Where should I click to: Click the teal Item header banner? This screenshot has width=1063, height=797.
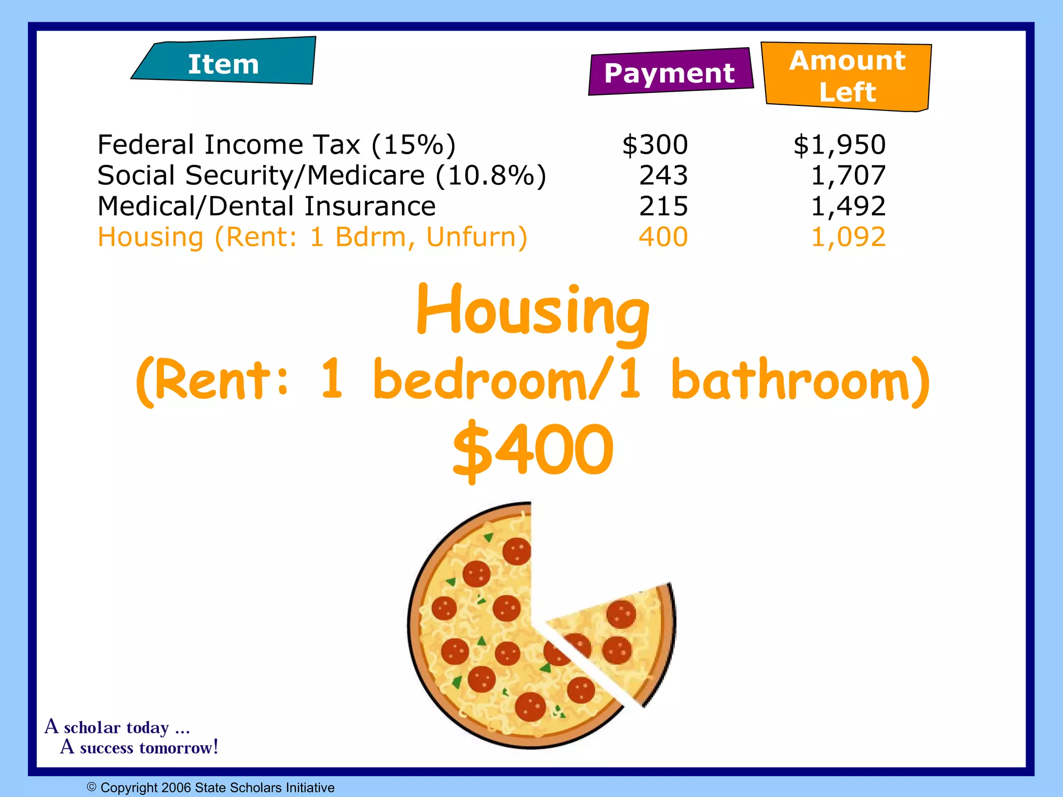224,62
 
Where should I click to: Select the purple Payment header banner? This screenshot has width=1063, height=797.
670,73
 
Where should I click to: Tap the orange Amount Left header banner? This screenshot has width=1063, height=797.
847,76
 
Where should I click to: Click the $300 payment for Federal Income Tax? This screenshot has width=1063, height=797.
655,145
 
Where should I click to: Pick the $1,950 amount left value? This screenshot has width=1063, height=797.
839,145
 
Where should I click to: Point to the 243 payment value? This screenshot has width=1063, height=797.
663,175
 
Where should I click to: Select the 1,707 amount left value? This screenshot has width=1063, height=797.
848,175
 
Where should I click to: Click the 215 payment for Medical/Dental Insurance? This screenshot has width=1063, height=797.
663,206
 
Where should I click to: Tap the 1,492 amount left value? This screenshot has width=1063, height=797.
848,206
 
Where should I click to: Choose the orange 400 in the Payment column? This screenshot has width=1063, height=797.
663,237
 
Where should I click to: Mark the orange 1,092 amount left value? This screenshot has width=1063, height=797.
848,237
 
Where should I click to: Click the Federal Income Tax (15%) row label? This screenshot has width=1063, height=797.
277,145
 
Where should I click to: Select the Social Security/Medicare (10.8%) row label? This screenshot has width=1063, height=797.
322,175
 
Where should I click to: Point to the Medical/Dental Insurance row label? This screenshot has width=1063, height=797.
266,206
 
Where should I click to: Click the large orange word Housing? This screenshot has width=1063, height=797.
533,311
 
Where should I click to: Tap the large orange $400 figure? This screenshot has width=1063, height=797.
533,450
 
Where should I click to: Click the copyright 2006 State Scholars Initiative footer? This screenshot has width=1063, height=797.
211,788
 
